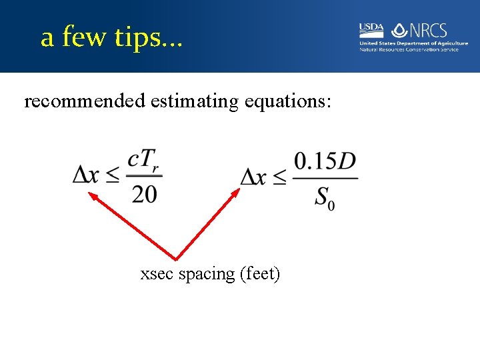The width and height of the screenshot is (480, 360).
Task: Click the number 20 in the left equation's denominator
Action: [145, 193]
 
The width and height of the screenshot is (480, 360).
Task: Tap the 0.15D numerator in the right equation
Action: [325, 161]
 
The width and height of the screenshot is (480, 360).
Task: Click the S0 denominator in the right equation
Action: [325, 197]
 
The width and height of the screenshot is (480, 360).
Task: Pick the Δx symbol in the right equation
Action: [254, 176]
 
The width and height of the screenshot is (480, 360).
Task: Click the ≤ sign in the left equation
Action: [113, 176]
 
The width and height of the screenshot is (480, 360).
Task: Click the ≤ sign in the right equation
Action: [281, 177]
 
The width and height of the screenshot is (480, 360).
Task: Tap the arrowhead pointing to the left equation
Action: [94, 197]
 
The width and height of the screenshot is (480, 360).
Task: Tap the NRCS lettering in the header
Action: [428, 30]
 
